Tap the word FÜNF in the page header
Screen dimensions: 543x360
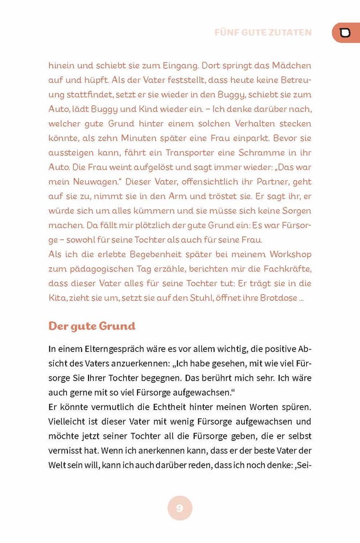click(x=228, y=33)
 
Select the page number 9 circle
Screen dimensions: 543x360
click(x=180, y=508)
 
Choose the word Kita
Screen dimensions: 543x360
click(x=57, y=298)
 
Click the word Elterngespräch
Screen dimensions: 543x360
click(x=114, y=349)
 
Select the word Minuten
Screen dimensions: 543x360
click(x=142, y=138)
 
